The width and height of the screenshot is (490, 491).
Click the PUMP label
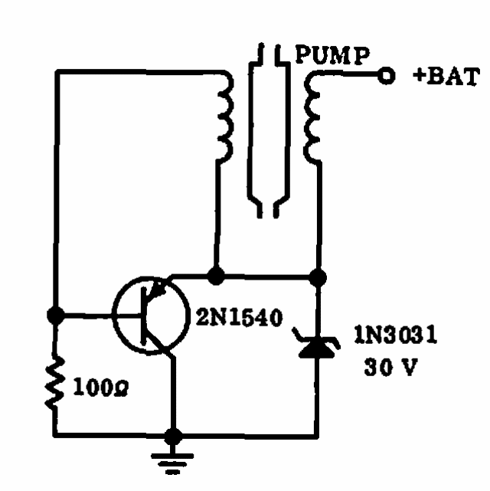pos(332,55)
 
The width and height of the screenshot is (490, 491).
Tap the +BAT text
pos(446,76)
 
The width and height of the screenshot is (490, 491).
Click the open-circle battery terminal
pos(387,76)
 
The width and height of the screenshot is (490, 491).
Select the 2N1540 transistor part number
pos(240,317)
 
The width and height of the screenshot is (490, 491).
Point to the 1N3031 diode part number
pos(396,335)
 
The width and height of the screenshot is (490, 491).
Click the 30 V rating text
pos(391,366)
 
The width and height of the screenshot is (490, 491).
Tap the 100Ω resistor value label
pos(100,388)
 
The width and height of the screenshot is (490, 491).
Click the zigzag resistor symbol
pos(55,384)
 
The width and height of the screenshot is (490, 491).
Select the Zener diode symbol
pos(317,345)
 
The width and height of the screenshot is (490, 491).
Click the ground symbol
pos(172,463)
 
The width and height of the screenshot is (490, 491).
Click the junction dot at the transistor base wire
pos(56,316)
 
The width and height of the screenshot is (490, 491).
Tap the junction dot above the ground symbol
pos(173,436)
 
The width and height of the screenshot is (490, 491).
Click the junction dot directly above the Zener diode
pos(318,278)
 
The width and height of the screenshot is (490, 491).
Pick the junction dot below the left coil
pos(216,276)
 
